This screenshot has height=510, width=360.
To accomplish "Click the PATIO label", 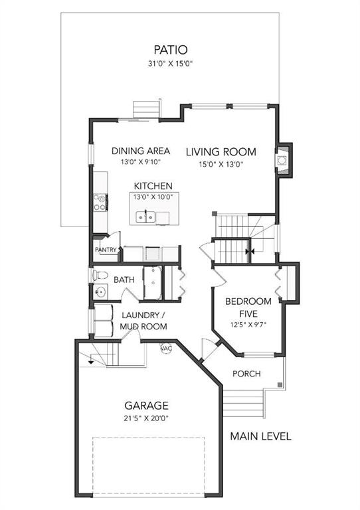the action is pos(171,50).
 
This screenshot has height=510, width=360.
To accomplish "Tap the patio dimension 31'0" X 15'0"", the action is pos(171,64).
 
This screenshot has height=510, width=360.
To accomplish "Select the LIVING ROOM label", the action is pos(221,152).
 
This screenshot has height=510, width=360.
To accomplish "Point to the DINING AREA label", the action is pos(141,151).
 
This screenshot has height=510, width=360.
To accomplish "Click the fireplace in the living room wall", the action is pos(282,160).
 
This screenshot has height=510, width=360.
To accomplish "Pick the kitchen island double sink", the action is pos(146,217).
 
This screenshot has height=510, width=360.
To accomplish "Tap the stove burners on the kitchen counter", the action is pos(100,203).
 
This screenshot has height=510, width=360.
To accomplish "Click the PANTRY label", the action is pos(106,250).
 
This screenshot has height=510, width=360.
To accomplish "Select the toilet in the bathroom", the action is pos(100,276).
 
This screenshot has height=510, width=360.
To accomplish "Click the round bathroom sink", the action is pos(101,292).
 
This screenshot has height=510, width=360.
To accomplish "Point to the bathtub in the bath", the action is pos(153,283).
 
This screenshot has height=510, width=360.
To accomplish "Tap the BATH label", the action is pos(124,280).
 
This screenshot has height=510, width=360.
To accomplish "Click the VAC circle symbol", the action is pos(166,348).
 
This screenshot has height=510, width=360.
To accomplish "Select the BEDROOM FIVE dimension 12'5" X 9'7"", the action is pos(248,325).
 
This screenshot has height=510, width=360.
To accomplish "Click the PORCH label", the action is pos(246,374).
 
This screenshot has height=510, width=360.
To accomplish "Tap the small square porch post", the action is pos(280,384).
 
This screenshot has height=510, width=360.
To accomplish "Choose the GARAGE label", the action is pos(146,406).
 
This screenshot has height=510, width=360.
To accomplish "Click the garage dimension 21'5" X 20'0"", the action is pos(146,418).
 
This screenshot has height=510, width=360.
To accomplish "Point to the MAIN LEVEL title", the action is pos(260,436).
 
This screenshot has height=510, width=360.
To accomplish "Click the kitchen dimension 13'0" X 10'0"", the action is pos(153,197).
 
